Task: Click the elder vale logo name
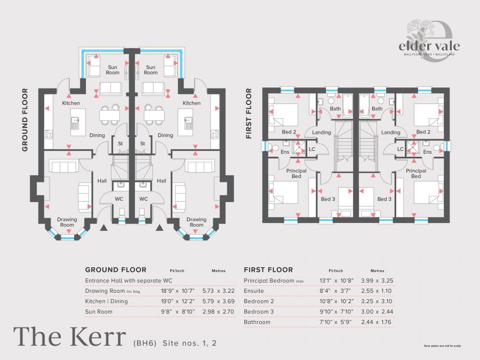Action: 429,46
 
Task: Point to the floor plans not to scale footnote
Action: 442,346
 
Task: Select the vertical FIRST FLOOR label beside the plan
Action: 248,114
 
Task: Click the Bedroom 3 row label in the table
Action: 259,311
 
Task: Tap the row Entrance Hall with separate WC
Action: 125,281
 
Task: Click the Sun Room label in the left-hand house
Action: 113,70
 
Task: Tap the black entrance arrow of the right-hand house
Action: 158,228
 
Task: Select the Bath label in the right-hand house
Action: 377,109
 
